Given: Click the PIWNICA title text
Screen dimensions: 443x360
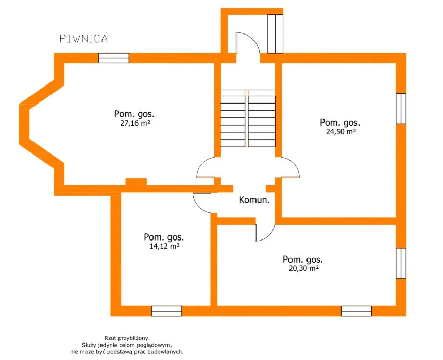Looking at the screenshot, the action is coord(83,39).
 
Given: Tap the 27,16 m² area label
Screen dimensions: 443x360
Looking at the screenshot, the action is coord(135,124).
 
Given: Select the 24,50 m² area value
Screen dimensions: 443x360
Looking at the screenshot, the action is coord(340,132).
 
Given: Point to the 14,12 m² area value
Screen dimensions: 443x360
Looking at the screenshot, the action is coord(164,246).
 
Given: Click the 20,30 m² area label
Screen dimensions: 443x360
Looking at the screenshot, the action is coord(304,268).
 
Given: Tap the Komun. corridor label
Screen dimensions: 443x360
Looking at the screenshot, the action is coord(254,200).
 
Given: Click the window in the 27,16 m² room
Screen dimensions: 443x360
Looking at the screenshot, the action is coord(113,58).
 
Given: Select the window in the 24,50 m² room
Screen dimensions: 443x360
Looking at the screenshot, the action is coord(401,109).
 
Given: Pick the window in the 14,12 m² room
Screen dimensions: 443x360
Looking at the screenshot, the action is coord(167,311).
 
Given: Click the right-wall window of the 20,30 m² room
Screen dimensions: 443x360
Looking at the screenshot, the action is coord(401,263).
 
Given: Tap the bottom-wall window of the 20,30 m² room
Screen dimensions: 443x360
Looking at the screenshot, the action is coord(356,311).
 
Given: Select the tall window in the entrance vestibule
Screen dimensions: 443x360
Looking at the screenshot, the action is coord(275,33).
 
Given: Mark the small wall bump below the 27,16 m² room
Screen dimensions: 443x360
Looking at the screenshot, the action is coord(136,182).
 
